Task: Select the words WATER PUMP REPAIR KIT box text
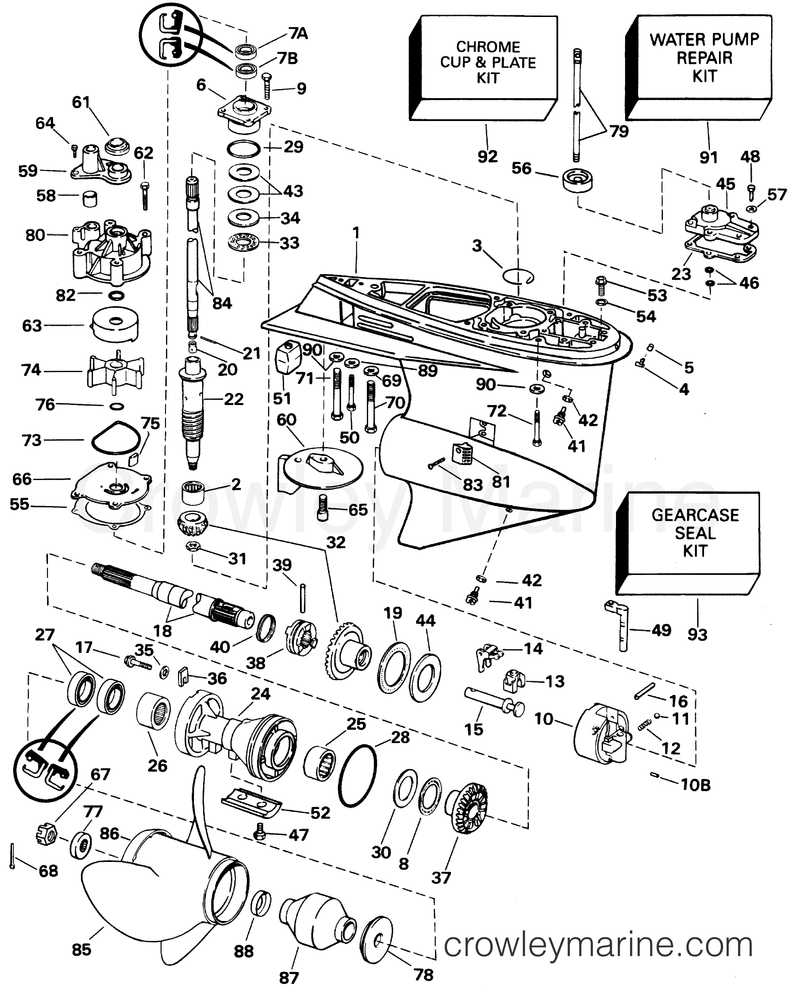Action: (x=704, y=58)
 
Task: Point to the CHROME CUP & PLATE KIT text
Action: (x=488, y=62)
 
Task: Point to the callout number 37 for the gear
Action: (x=441, y=877)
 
